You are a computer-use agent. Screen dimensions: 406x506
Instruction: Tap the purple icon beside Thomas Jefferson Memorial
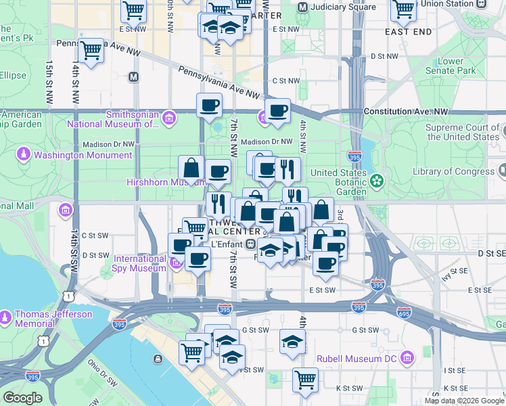[6, 316]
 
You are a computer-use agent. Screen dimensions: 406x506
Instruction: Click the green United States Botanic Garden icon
[377, 181]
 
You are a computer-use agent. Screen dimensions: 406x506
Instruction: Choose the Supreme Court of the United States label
[462, 132]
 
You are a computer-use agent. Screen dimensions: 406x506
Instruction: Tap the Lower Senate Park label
[455, 66]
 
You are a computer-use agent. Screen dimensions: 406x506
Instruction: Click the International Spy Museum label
[139, 263]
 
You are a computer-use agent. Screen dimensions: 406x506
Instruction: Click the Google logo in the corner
[22, 398]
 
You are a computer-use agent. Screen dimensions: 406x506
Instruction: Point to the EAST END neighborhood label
[408, 32]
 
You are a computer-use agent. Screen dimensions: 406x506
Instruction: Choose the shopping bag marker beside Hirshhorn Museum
[191, 168]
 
